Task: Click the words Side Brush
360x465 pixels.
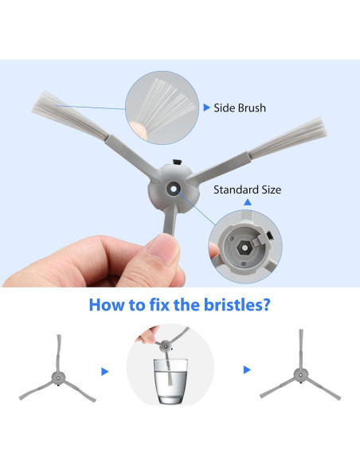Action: (x=240, y=108)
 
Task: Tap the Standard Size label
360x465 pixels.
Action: (x=248, y=190)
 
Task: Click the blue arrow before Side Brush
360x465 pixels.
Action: (x=207, y=107)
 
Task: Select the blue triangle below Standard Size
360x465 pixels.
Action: (x=248, y=202)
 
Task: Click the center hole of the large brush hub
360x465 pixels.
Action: (x=173, y=189)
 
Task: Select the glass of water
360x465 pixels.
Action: (x=170, y=381)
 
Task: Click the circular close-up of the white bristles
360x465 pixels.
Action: (x=162, y=107)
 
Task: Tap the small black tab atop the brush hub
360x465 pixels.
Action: (x=177, y=162)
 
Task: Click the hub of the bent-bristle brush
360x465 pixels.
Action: (x=58, y=377)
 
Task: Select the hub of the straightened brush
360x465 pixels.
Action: (x=301, y=375)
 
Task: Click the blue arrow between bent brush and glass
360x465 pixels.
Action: (x=104, y=372)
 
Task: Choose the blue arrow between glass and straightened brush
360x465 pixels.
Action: (x=247, y=369)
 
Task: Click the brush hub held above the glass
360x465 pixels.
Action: (x=165, y=346)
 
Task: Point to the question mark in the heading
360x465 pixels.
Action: (x=266, y=305)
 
